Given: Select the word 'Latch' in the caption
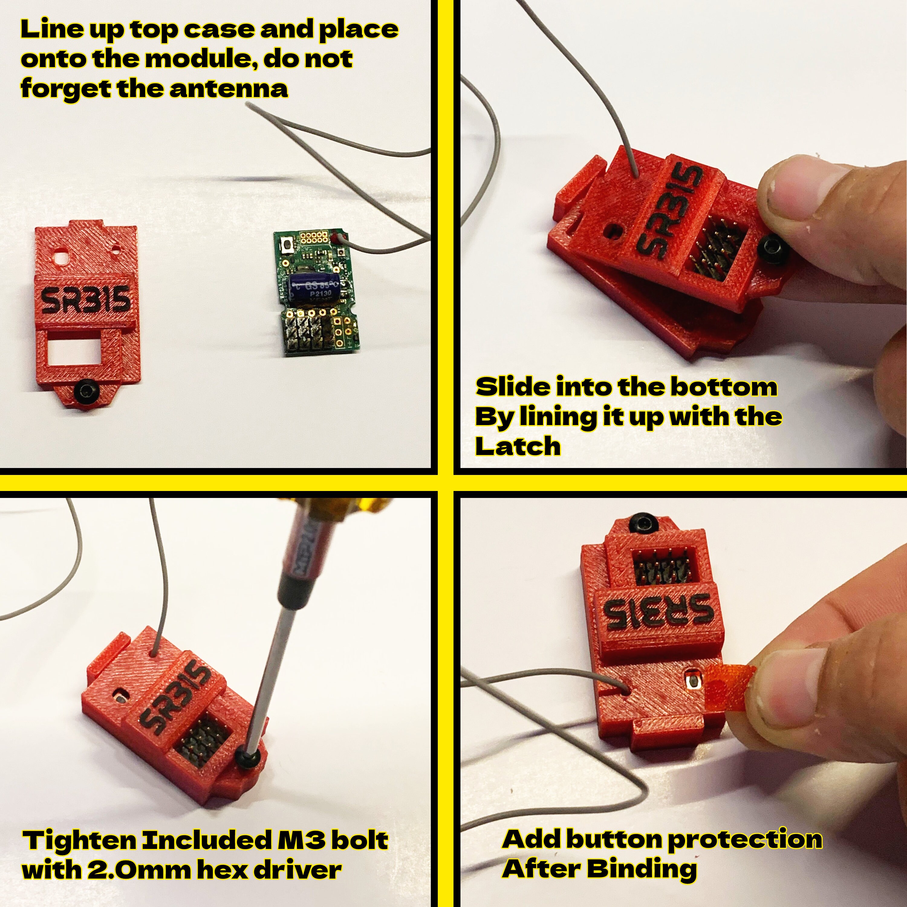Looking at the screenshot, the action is coord(518,446).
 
